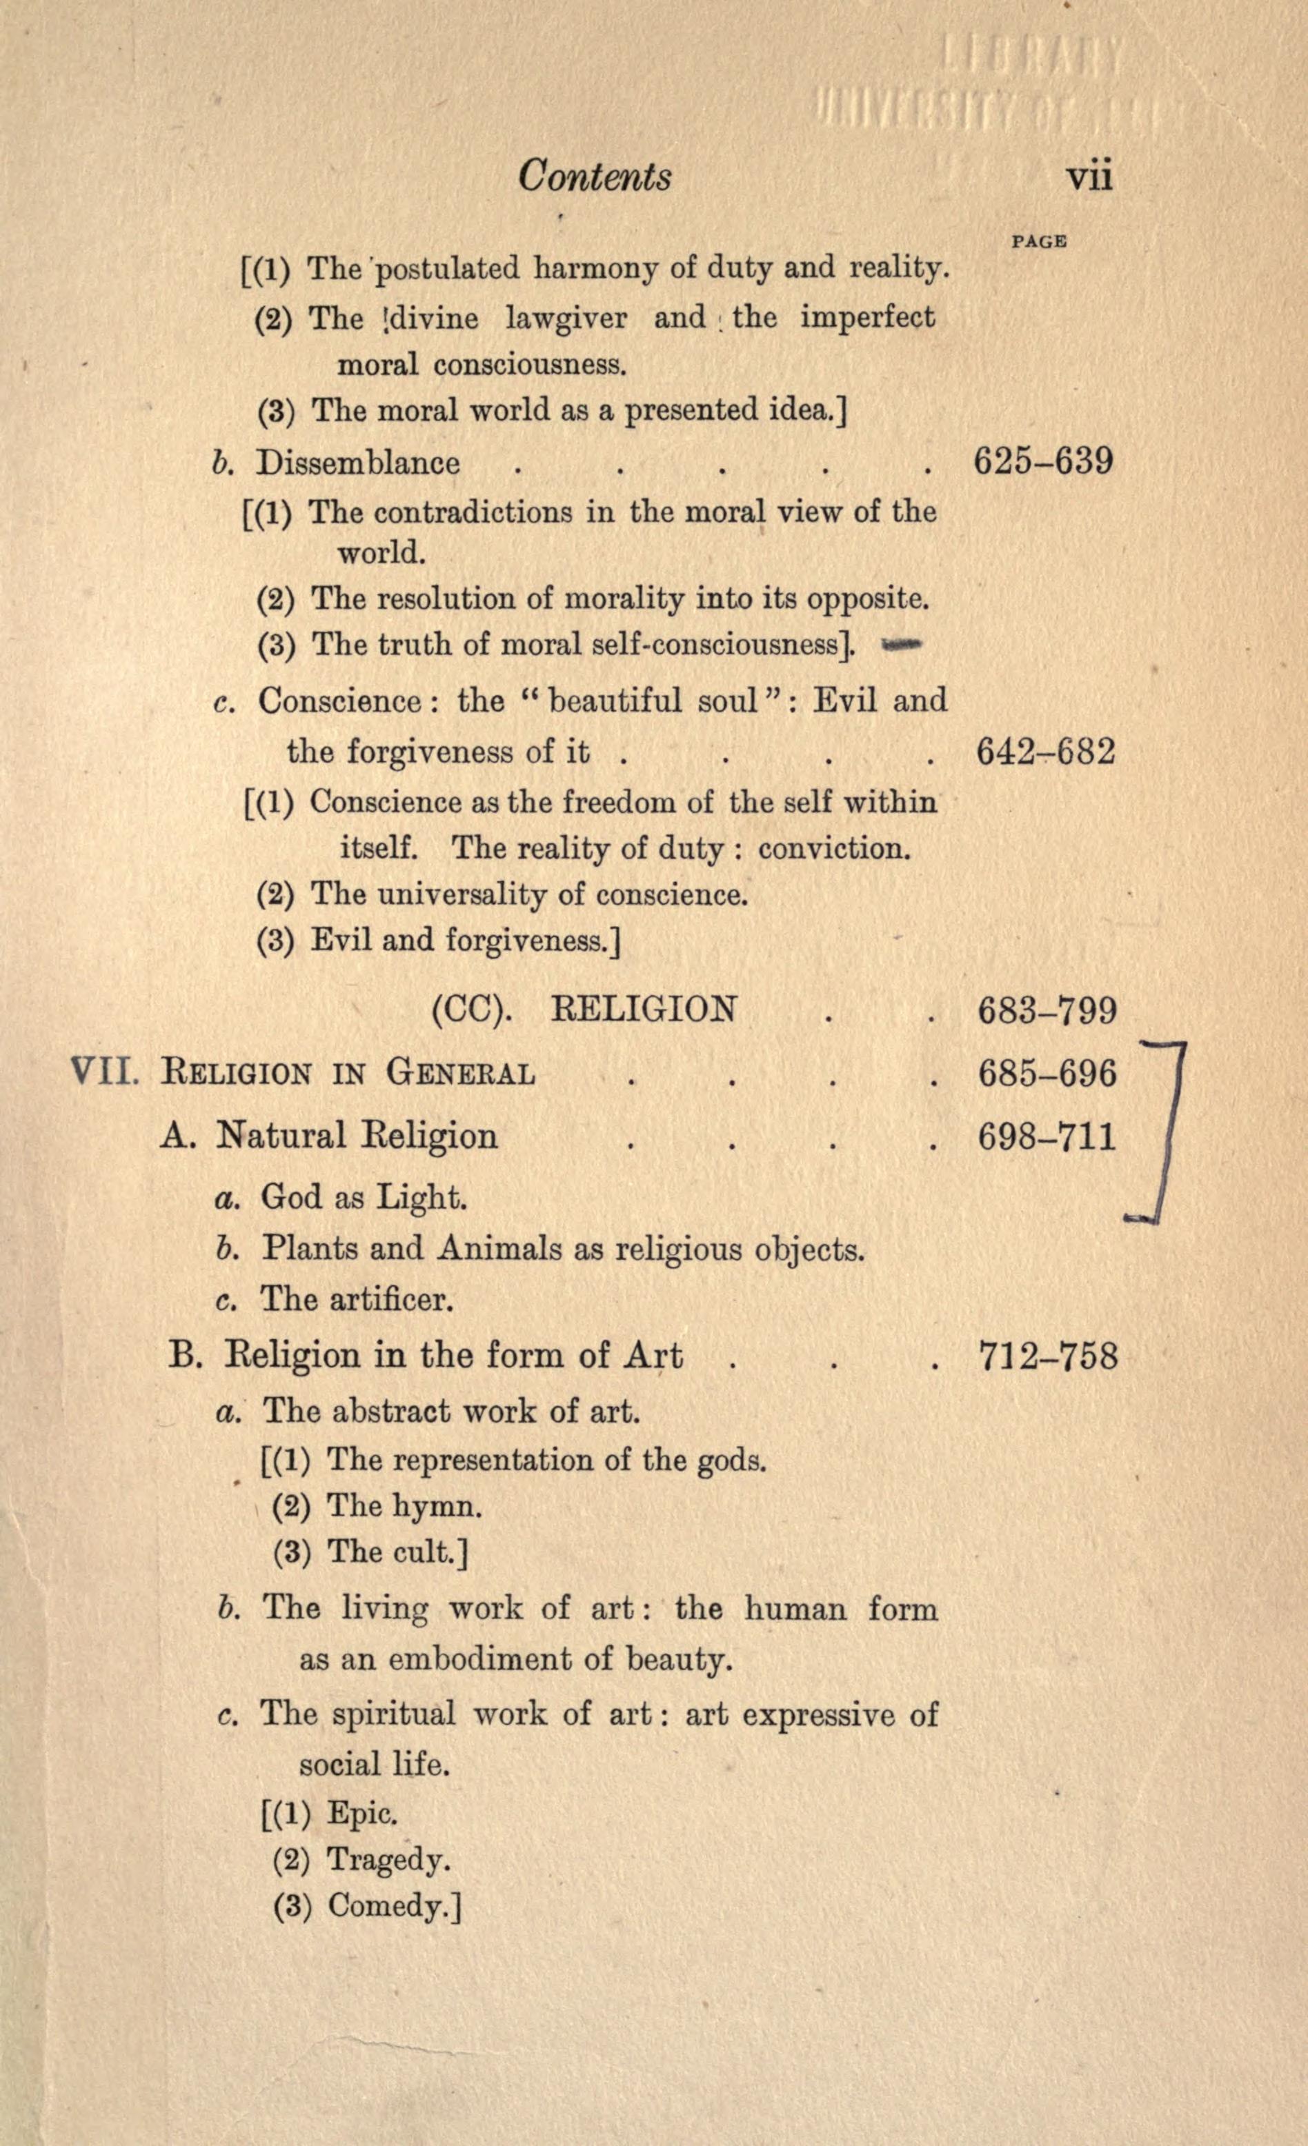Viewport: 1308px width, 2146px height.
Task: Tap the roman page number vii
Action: pos(1089,177)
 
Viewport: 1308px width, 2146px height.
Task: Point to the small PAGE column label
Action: pos(1039,241)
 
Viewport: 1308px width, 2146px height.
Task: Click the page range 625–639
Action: pos(1043,461)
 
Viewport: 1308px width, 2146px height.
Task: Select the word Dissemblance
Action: pos(358,463)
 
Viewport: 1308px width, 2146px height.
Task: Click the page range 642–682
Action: pos(1045,752)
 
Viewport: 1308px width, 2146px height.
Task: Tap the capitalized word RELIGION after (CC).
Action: pos(644,1010)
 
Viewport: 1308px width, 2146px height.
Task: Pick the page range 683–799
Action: pos(1047,1011)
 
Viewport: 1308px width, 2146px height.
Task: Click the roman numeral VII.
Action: pos(103,1070)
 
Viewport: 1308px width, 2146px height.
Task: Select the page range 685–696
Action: pos(1047,1073)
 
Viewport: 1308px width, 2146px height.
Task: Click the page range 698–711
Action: pos(1047,1136)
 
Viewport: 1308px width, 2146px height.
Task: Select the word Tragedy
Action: pos(388,1861)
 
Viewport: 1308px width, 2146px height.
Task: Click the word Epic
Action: pos(362,1814)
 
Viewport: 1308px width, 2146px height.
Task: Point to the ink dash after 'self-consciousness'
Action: pos(901,645)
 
